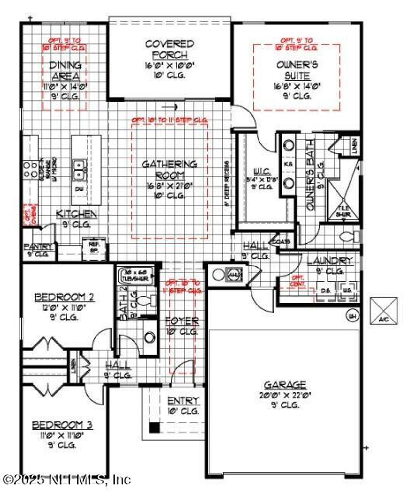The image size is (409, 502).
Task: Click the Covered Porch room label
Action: tap(170, 49)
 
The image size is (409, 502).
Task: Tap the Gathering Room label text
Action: tap(169, 170)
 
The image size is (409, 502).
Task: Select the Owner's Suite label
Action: tap(297, 70)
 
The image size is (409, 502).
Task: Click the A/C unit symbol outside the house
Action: tap(384, 311)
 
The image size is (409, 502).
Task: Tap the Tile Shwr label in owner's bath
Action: tap(343, 212)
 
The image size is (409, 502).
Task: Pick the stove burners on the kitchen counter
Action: tap(30, 170)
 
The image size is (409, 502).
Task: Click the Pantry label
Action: tap(38, 246)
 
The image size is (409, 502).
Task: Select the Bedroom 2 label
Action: tap(64, 297)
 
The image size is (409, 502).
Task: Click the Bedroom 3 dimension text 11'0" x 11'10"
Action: tap(62, 435)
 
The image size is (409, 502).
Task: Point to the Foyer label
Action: tap(182, 321)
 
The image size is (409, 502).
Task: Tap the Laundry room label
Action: tap(330, 261)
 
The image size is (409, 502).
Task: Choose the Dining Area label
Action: tap(65, 71)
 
